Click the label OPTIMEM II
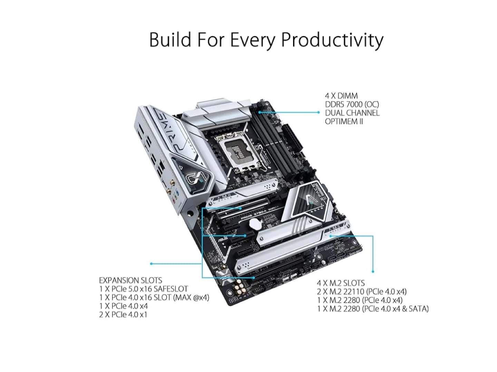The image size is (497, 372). pos(344,121)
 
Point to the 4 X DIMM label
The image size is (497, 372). pos(341,96)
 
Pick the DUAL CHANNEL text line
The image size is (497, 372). pos(352,113)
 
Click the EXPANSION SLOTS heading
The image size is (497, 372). pos(130,280)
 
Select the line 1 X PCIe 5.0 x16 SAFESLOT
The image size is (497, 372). pos(143,289)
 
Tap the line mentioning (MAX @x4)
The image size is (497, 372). pos(154,297)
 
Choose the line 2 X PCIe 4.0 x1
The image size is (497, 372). pos(123,314)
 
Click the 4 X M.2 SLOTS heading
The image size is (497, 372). pos(341,283)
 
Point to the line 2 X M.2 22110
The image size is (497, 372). pos(362,291)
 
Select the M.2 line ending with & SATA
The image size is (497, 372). pos(373,309)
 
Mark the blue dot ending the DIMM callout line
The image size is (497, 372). pos(319,112)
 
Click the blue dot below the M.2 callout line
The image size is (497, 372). pos(373,272)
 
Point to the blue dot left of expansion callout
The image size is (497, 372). pos(151,264)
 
